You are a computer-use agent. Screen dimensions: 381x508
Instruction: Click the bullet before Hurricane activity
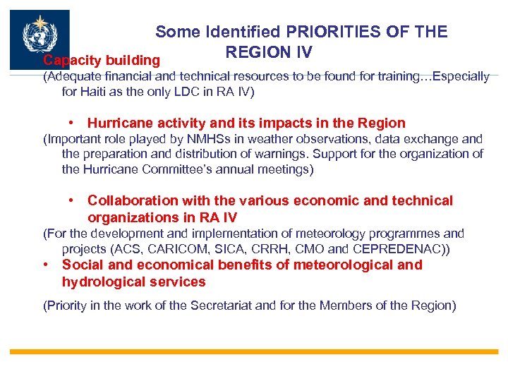click(73, 123)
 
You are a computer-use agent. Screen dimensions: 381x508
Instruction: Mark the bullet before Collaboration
click(73, 200)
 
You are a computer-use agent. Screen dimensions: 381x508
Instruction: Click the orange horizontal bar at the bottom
click(254, 351)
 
